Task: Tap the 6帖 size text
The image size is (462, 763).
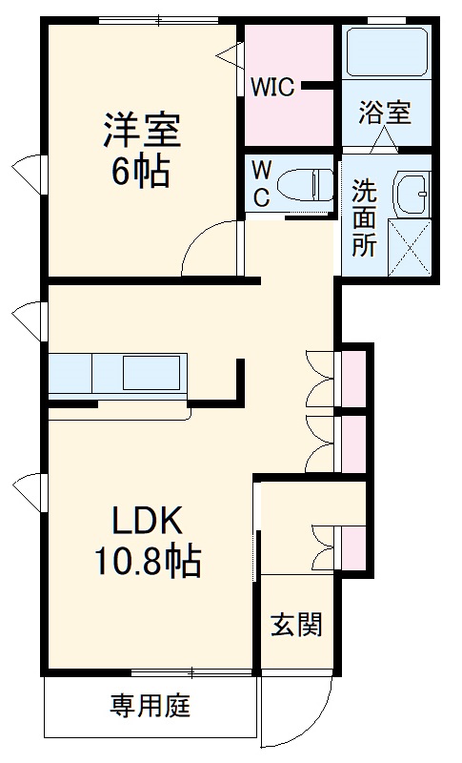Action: tap(142, 172)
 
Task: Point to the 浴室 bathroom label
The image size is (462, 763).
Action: tap(385, 112)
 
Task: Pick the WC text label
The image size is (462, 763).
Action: tap(261, 183)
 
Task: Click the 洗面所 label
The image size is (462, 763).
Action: tap(364, 217)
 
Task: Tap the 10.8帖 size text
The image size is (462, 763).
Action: tap(147, 562)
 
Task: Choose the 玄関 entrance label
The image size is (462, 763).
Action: tap(296, 625)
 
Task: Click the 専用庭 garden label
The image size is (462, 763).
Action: tap(151, 707)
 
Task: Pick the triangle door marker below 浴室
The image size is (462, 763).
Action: tap(384, 140)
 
